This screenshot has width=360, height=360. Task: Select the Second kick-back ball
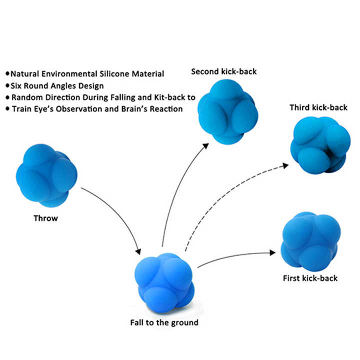[x=227, y=109]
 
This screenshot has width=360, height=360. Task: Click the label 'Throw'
[x=45, y=218]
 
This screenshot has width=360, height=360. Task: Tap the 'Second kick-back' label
[x=224, y=71]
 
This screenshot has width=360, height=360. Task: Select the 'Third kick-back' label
[x=318, y=107]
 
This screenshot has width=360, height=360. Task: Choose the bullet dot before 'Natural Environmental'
[x=7, y=73]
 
